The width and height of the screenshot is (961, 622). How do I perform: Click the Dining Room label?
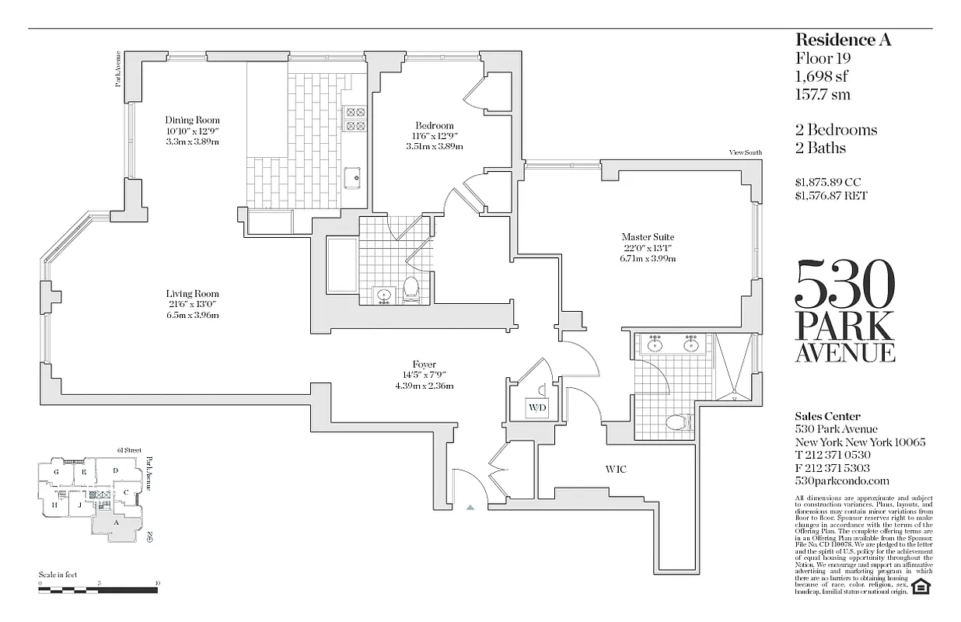click(x=192, y=121)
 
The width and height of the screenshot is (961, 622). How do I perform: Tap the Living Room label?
click(x=192, y=293)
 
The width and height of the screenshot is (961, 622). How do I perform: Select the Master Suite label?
click(x=647, y=237)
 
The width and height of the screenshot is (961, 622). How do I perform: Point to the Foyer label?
click(x=424, y=365)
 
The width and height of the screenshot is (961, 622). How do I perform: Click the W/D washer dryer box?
click(x=537, y=407)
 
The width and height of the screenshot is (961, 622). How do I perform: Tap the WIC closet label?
click(x=616, y=470)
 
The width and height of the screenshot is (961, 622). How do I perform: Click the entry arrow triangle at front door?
click(x=470, y=507)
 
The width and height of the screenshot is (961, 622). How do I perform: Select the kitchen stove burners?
click(x=355, y=118)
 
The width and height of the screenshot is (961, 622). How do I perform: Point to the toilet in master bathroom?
click(x=679, y=422)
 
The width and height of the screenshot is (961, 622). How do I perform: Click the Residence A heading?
click(x=843, y=40)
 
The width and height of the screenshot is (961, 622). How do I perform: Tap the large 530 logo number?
click(x=844, y=285)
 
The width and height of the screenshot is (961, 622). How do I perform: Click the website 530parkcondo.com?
click(x=842, y=481)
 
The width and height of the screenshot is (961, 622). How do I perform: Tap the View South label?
click(x=746, y=153)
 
